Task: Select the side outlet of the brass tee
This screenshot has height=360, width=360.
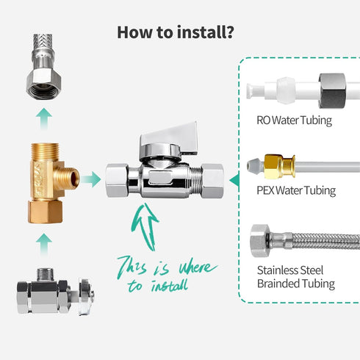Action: [x=69, y=177]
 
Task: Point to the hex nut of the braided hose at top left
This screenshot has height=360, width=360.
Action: [x=44, y=84]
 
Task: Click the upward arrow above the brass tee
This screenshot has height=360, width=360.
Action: [x=44, y=118]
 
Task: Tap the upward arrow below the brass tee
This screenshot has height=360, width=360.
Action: [x=44, y=244]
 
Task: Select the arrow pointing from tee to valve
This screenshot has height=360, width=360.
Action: [x=91, y=179]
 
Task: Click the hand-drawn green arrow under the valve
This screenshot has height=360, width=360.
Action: [x=145, y=226]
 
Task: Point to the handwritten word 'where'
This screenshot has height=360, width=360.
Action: [x=198, y=268]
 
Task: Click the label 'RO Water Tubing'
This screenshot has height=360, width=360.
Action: [x=294, y=120]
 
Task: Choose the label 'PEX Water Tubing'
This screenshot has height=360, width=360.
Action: [x=296, y=190]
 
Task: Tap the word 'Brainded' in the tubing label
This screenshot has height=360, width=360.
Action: [x=278, y=284]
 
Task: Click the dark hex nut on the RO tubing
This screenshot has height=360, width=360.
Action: [x=332, y=91]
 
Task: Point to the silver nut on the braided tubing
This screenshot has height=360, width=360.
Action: [x=260, y=241]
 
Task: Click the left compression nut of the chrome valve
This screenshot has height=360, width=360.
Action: [x=117, y=181]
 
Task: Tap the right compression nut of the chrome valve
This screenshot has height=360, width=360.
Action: [x=212, y=181]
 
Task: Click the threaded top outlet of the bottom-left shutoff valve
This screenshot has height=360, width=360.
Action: [x=45, y=275]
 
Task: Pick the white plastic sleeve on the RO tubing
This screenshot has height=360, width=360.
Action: [x=286, y=90]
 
